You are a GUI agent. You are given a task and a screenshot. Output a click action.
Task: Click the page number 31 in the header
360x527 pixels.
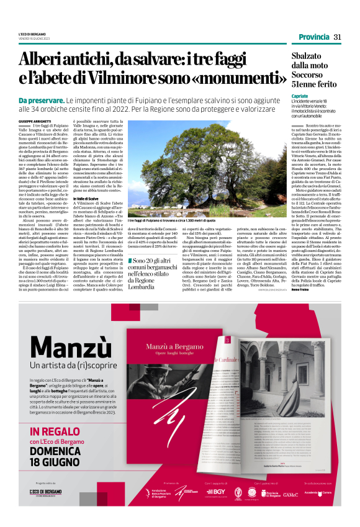[x=337, y=37]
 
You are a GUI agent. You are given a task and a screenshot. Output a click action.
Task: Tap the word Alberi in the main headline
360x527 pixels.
[x=43, y=60]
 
